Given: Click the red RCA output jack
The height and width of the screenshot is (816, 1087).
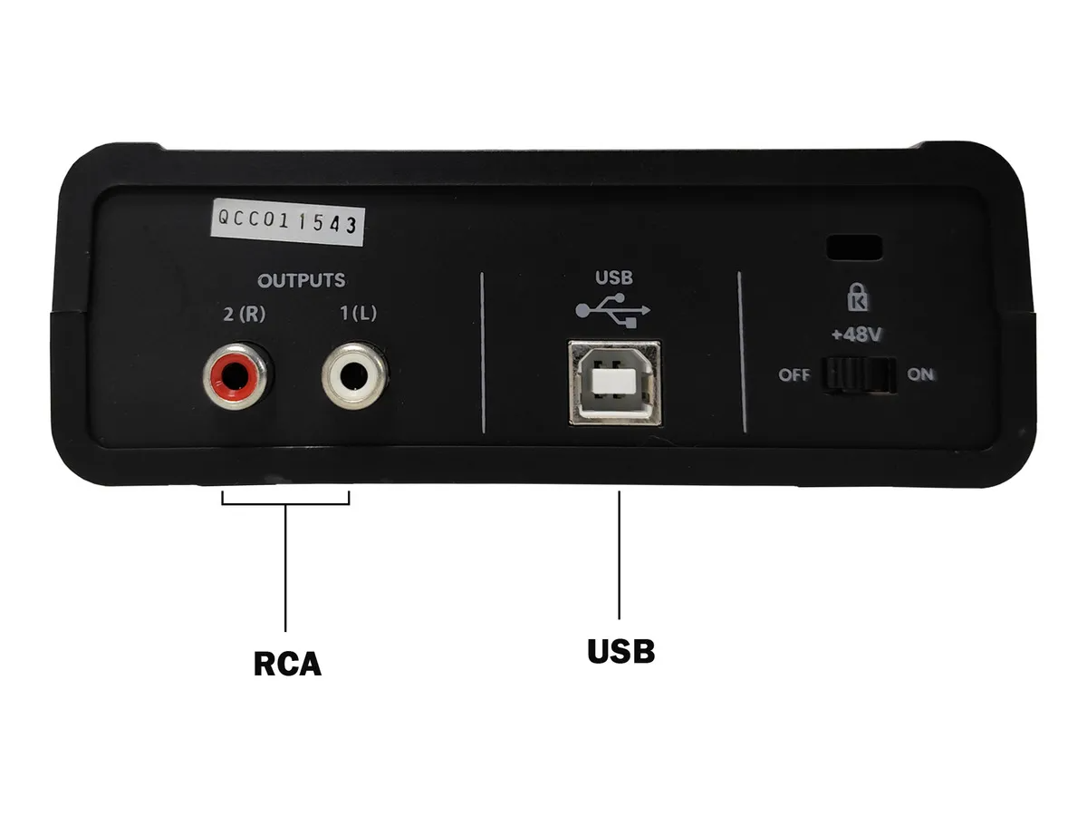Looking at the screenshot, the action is coord(236,377).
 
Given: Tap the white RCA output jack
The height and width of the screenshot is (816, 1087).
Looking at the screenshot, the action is coord(354,376).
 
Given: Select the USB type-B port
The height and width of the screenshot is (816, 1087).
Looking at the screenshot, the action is coord(614,383).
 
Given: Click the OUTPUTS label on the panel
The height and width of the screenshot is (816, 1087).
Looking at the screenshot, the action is coord(302,280).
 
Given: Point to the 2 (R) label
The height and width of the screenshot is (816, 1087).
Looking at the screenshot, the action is coord(245,314).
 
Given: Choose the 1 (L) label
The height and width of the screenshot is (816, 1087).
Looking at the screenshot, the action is coord(358,313).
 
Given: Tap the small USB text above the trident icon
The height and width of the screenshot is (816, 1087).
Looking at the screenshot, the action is coord(614,277).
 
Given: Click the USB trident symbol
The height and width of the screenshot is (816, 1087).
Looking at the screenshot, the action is coord(613,310).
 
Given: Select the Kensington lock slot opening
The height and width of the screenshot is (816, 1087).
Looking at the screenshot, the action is coord(854,248).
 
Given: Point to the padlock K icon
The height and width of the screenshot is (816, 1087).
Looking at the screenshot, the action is coord(858,297).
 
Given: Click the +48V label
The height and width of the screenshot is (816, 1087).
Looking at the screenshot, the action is coord(857,335).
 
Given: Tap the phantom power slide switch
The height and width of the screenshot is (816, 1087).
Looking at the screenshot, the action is coord(860,375).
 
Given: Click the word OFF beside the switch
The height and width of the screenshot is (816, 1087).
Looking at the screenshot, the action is coord(794,375).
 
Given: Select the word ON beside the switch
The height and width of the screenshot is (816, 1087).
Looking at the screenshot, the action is coord(920,374).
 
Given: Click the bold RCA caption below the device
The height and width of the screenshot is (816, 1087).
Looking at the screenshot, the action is coord(287,664).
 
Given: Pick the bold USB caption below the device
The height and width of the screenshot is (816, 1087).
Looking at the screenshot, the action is coord(621,651).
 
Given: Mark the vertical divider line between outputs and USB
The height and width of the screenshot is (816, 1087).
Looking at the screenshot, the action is coord(483,353).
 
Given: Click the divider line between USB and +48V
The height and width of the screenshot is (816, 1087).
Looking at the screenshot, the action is coord(742,352).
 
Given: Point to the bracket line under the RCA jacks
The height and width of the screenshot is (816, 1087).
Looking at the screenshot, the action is coord(285,504).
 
